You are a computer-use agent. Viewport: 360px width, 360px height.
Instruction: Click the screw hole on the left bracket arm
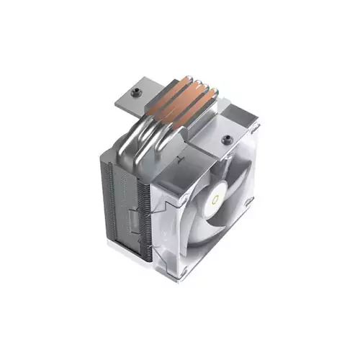click(137, 91)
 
